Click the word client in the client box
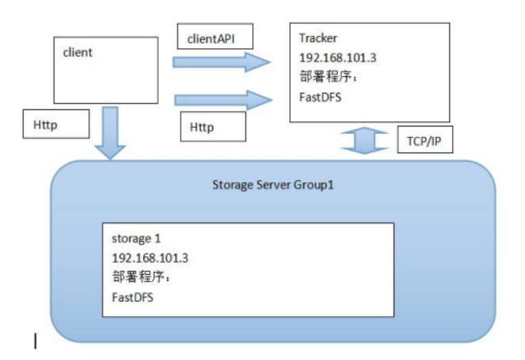point(77,52)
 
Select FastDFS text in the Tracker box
point(320,97)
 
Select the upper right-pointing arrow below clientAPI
point(221,63)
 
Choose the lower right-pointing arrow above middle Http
point(221,100)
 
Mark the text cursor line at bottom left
point(35,341)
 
